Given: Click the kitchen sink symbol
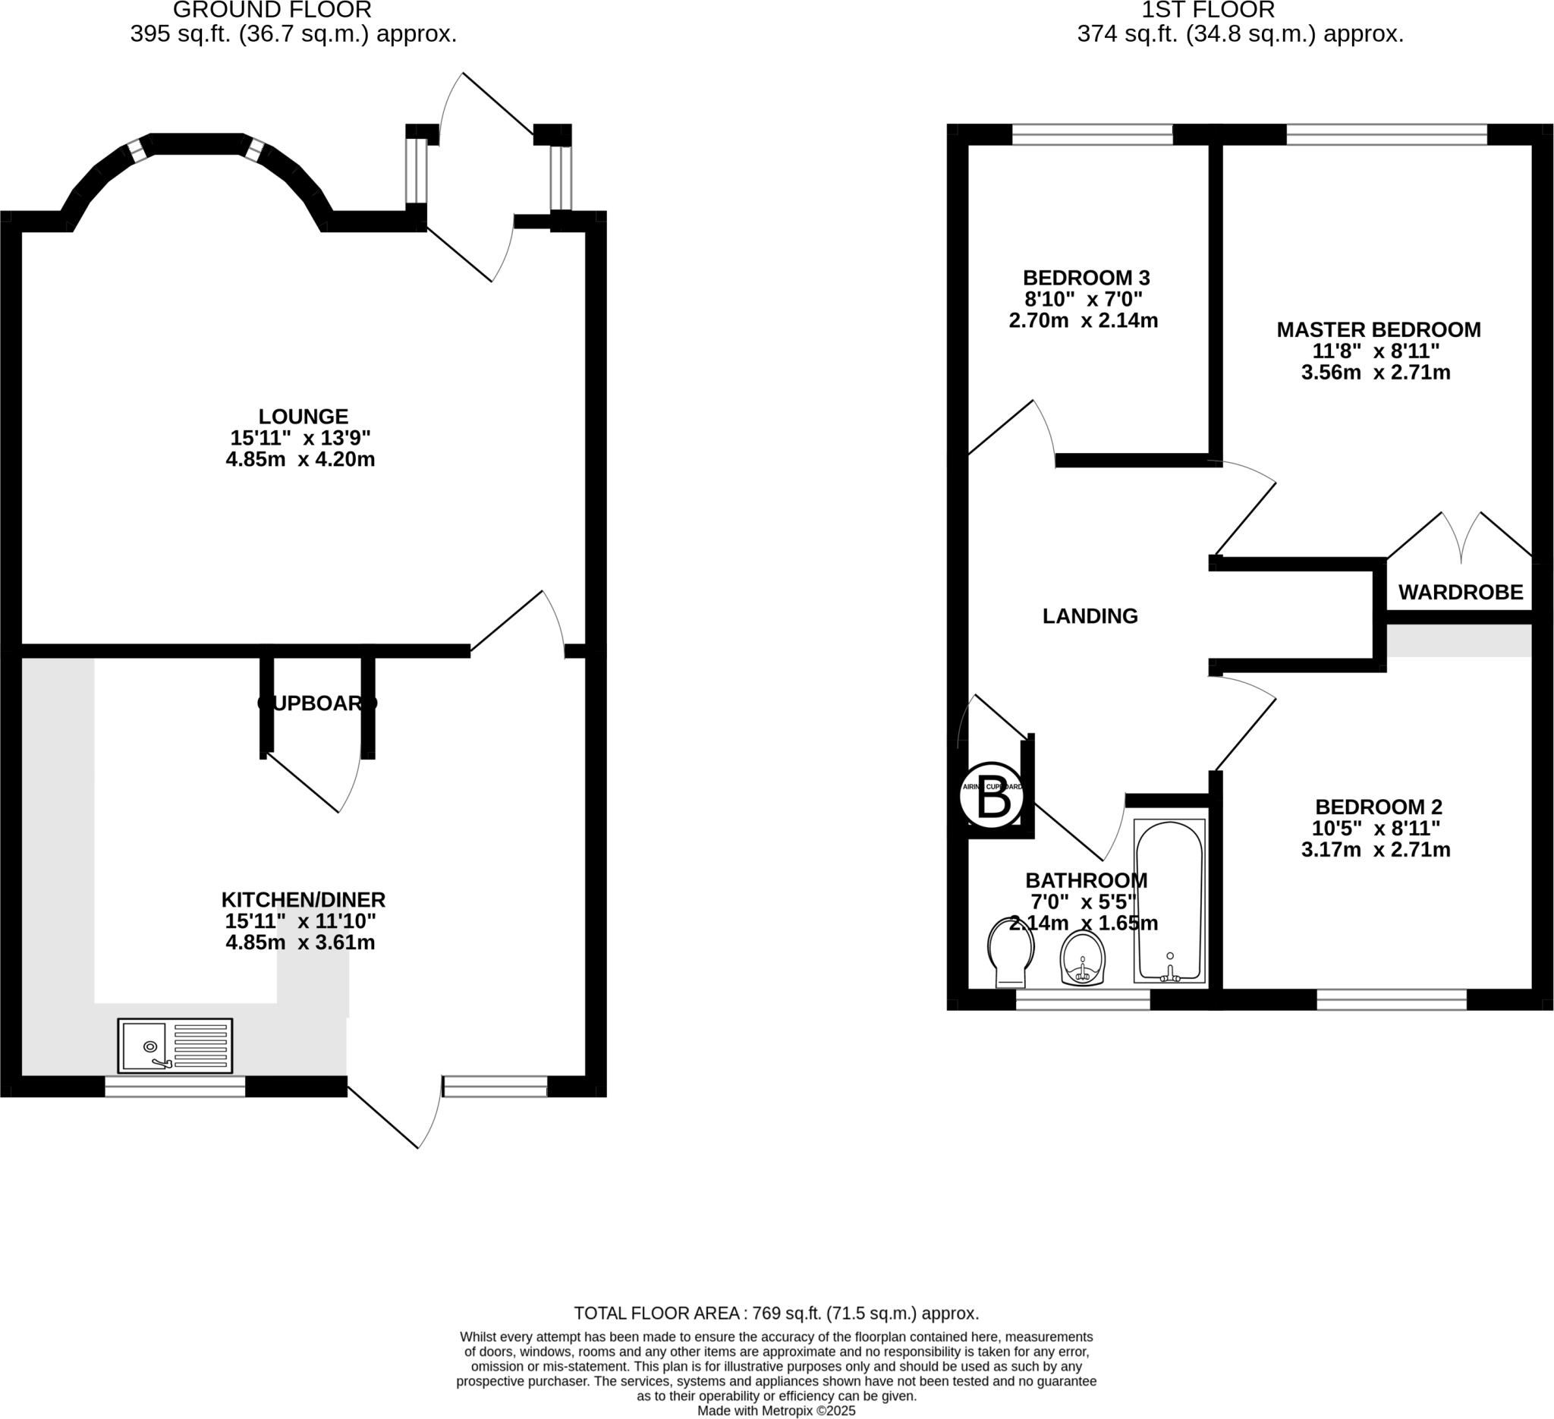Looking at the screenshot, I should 175,1046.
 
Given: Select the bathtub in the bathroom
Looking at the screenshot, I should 1169,900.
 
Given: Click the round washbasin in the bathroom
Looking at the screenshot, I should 1083,959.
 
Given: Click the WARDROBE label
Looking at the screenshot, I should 1461,592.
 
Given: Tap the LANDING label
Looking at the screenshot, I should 1090,616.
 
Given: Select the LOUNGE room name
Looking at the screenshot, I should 303,417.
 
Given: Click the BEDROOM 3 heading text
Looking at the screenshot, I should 1086,278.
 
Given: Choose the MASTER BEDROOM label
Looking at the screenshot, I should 1378,330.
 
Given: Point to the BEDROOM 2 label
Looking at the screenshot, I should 1378,807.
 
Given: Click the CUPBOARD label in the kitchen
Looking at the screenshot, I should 317,703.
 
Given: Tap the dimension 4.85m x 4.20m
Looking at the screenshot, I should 300,460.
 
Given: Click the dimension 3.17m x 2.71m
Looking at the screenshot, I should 1376,850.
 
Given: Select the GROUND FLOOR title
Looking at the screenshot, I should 272,11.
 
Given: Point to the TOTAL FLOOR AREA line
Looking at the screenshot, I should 776,1314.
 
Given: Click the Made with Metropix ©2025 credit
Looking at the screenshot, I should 776,1411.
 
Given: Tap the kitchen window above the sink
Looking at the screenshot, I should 175,1087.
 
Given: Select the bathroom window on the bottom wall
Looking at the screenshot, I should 1083,1000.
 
